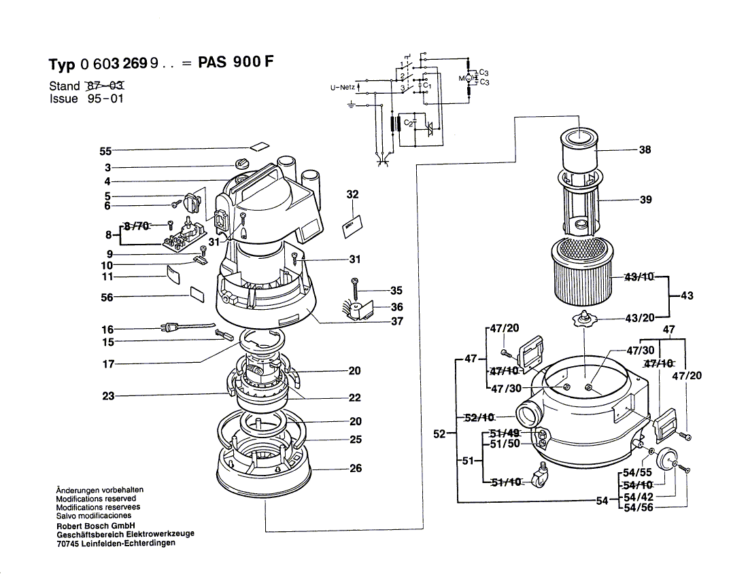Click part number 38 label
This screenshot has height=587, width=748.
click(645, 149)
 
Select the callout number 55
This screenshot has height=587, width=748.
click(105, 151)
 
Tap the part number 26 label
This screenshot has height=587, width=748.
click(355, 468)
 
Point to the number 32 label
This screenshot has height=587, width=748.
click(352, 194)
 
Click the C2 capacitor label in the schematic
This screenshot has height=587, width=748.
click(408, 123)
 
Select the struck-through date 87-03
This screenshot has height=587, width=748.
click(105, 86)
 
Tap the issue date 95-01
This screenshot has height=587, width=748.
click(105, 99)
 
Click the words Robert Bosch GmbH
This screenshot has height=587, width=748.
click(95, 525)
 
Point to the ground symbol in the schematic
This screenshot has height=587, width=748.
click(351, 106)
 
